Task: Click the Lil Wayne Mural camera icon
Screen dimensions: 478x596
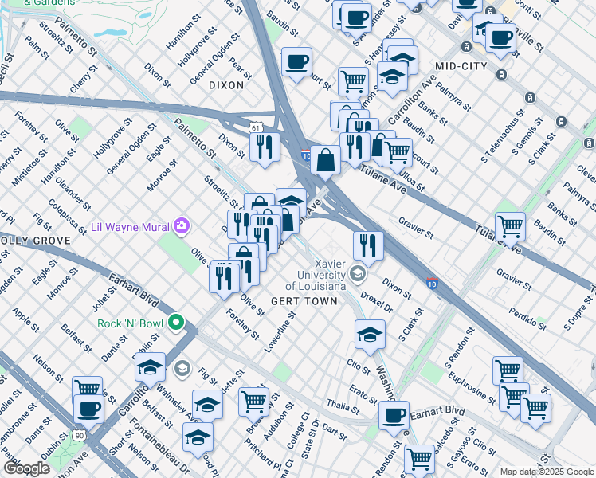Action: pos(182,227)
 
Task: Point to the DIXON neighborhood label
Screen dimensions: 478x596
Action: pos(226,84)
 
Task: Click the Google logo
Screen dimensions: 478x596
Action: pos(27,468)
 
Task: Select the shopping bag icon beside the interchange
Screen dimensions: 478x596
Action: pos(326,159)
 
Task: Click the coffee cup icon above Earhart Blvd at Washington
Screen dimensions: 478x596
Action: pos(393,415)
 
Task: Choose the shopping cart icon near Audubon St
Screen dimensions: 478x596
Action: pos(253,400)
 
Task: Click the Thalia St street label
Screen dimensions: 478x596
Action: pos(343,407)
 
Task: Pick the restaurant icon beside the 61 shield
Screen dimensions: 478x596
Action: pos(262,147)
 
